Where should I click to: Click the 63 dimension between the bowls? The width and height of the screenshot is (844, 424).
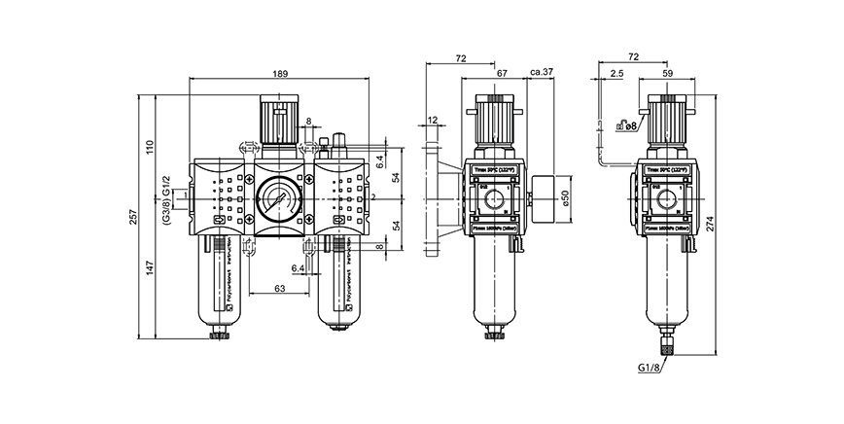279,289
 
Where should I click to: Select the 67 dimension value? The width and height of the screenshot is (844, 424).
502,72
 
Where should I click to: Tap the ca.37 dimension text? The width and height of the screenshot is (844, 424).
543,72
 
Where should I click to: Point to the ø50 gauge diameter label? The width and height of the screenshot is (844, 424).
565,196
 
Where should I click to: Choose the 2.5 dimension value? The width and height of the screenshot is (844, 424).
617,72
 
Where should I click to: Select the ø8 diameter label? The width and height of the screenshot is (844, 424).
631,124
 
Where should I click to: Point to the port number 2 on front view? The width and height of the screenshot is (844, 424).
372,197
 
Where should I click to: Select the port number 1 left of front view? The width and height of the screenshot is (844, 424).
184,197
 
